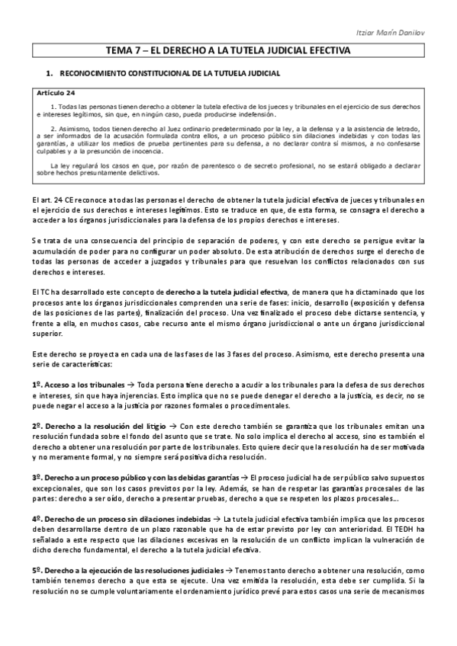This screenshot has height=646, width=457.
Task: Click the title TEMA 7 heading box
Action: tap(228, 52)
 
